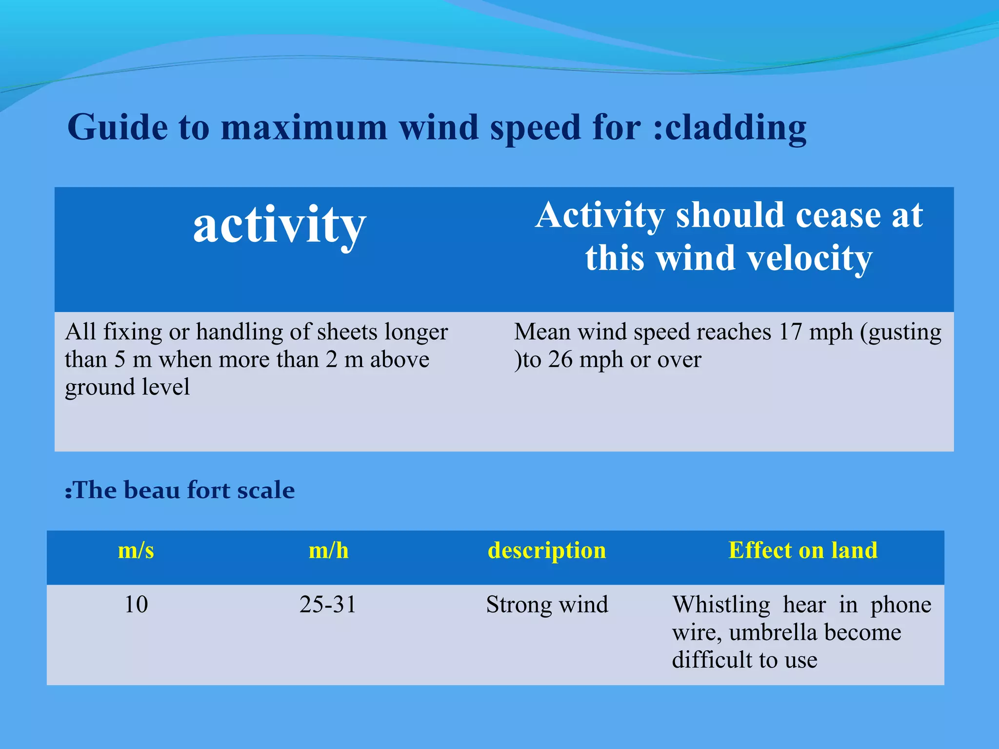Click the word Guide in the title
pyautogui.click(x=118, y=127)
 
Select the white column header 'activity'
pyautogui.click(x=280, y=225)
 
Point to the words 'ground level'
pyautogui.click(x=127, y=387)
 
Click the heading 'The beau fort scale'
pyautogui.click(x=180, y=490)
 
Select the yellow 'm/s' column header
pyautogui.click(x=136, y=551)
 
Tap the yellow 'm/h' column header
pyautogui.click(x=328, y=551)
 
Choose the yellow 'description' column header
pyautogui.click(x=547, y=551)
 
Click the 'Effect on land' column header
pyautogui.click(x=803, y=550)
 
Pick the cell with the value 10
pyautogui.click(x=136, y=605)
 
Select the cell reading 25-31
pyautogui.click(x=328, y=605)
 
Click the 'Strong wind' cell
pyautogui.click(x=547, y=605)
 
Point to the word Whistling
pyautogui.click(x=721, y=605)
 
